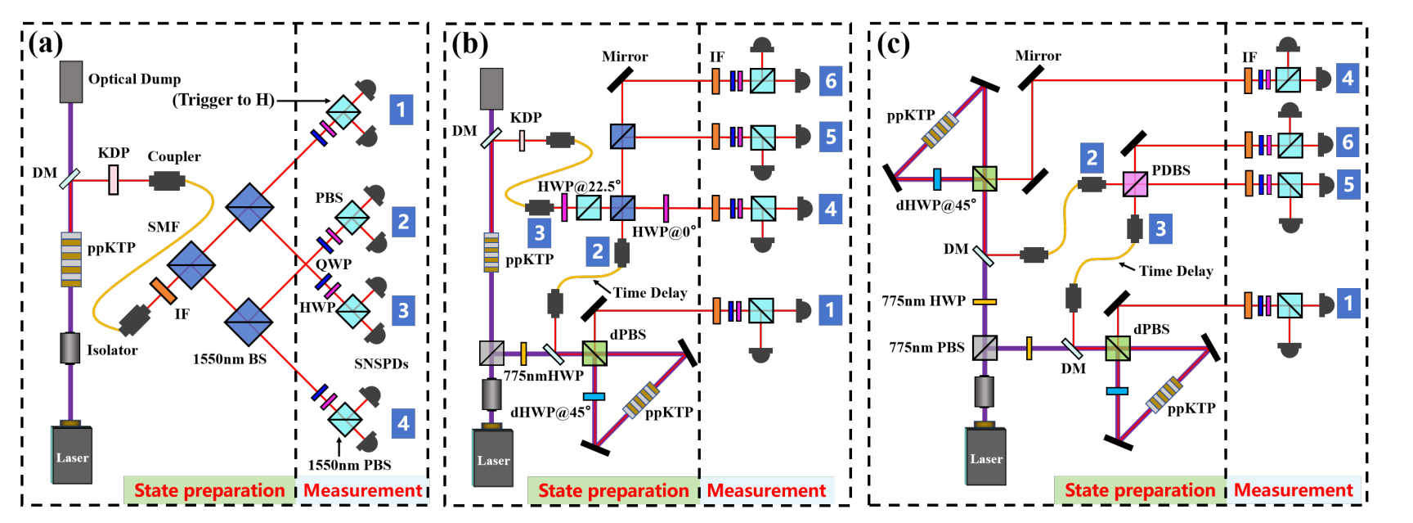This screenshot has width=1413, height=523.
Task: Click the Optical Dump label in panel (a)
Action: (134, 79)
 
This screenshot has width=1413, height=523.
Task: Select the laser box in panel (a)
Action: (72, 454)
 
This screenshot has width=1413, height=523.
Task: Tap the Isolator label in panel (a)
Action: (112, 350)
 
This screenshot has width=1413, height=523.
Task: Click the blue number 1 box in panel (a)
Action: (401, 109)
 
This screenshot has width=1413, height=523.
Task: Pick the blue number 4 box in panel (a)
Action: (403, 423)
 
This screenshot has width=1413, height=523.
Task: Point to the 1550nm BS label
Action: (230, 359)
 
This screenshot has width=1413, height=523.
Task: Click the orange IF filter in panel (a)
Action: (163, 291)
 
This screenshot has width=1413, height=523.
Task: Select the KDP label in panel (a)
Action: (114, 153)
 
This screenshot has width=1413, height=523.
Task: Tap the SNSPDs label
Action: (381, 363)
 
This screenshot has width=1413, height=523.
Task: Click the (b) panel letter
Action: (470, 43)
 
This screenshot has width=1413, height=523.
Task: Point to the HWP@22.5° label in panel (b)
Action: (578, 186)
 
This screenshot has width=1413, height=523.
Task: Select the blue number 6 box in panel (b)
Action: (831, 80)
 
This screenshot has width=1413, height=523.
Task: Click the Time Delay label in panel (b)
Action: (650, 293)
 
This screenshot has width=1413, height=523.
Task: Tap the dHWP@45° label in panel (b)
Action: (550, 413)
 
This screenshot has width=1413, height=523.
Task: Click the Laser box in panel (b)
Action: (493, 458)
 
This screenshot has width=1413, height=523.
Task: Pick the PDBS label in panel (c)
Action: (1171, 170)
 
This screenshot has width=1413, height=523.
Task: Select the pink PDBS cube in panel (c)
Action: (1135, 184)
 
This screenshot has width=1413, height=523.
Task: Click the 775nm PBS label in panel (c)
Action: (927, 347)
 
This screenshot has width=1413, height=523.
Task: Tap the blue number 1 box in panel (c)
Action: (1348, 304)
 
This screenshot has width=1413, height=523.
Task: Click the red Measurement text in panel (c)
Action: (1293, 490)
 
